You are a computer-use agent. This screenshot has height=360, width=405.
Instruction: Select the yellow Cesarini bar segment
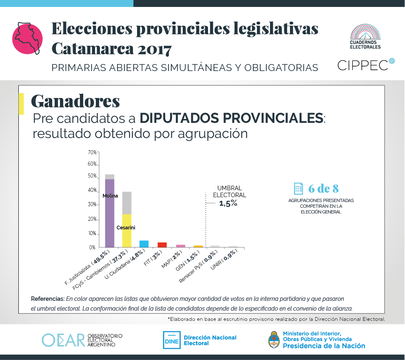(127, 233)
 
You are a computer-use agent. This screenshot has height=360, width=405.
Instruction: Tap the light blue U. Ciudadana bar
(144, 244)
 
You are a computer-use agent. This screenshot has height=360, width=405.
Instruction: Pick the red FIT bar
(162, 244)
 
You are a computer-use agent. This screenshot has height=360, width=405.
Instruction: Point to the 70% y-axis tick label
(92, 152)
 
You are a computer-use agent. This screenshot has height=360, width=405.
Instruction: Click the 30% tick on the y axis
(92, 204)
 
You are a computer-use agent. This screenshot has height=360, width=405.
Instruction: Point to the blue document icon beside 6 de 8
(299, 188)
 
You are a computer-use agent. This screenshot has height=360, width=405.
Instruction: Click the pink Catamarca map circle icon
(28, 39)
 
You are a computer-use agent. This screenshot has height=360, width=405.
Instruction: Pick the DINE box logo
(171, 340)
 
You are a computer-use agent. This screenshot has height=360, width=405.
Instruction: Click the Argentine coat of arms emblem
(274, 340)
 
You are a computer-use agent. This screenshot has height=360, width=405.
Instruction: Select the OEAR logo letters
(63, 340)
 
